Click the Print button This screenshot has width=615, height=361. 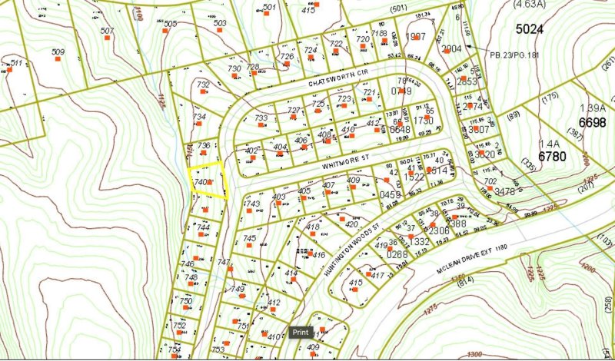300,333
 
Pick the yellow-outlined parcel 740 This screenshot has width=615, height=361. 208,181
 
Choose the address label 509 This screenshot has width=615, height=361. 58,52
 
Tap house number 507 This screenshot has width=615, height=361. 108,31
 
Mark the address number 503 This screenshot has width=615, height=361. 220,23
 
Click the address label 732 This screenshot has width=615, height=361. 203,84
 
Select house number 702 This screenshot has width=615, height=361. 489,181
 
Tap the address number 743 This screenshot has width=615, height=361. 252,204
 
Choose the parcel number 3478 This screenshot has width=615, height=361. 504,191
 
